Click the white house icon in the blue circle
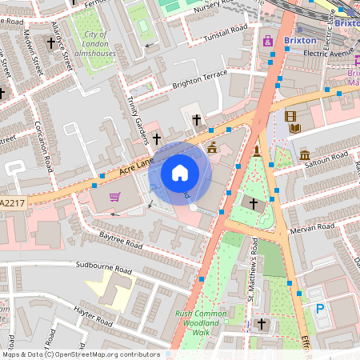click(x=180, y=173)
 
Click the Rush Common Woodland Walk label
click(x=193, y=323)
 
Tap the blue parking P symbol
click(x=320, y=307)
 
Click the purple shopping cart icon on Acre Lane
click(x=114, y=196)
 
